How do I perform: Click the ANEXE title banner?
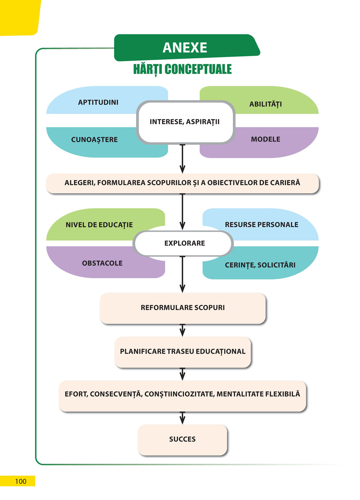(x=185, y=47)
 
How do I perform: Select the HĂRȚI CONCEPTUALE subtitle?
(x=182, y=69)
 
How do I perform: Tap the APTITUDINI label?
(x=98, y=102)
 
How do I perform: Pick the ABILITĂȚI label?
(x=266, y=104)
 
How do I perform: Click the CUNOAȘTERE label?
(x=94, y=140)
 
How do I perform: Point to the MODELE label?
(x=266, y=139)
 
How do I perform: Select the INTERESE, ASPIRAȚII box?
(x=185, y=122)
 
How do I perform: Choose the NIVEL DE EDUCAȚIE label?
(x=99, y=225)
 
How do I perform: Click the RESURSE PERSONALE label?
(x=262, y=224)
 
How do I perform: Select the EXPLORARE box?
(x=184, y=243)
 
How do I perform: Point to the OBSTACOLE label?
(x=102, y=263)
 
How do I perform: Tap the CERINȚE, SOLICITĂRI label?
(x=260, y=265)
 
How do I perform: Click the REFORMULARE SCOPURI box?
(x=183, y=308)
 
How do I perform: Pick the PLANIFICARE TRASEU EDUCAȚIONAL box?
(x=183, y=351)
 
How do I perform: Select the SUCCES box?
(x=183, y=439)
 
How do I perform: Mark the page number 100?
(x=21, y=481)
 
